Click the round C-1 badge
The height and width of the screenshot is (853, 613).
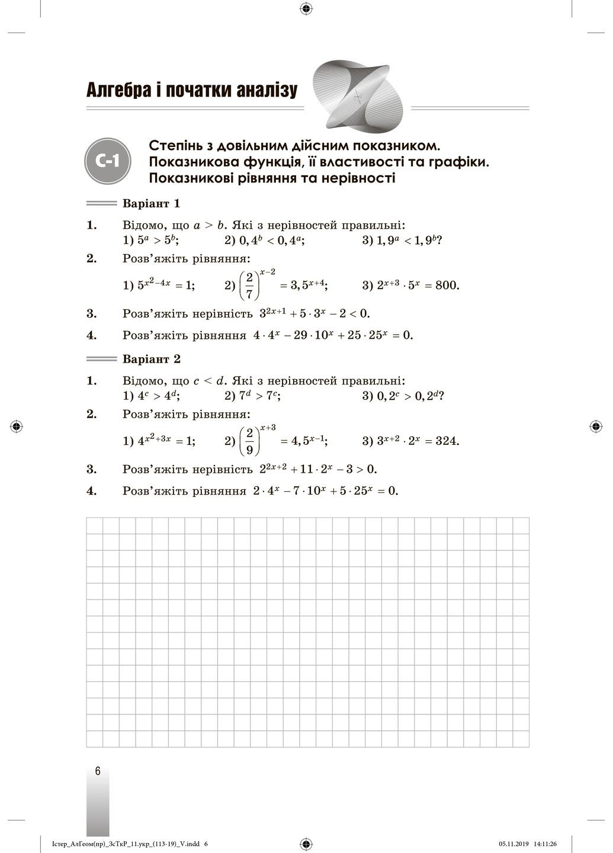(x=107, y=161)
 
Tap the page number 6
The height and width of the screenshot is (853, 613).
(x=98, y=771)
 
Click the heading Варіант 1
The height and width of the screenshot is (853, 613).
(x=150, y=204)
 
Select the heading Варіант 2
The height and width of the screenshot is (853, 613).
(x=150, y=360)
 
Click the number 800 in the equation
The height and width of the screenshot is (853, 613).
(x=447, y=286)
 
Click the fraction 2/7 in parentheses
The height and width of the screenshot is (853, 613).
(x=249, y=285)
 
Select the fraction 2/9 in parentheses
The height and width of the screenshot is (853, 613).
(x=249, y=441)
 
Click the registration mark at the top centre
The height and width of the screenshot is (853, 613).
(x=306, y=8)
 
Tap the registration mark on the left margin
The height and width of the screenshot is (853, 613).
(x=17, y=426)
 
